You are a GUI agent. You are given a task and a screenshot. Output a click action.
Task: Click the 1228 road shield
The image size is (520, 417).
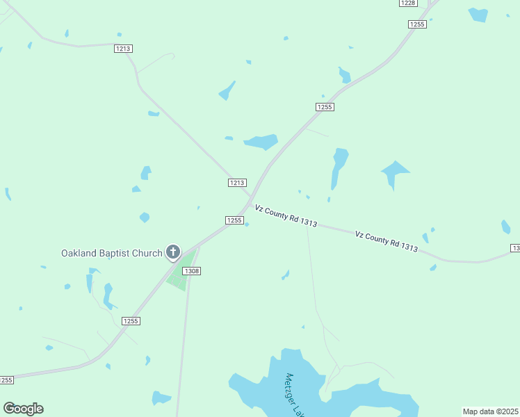click(408, 3)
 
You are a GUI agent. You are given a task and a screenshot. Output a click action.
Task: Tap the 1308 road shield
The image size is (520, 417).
click(192, 270)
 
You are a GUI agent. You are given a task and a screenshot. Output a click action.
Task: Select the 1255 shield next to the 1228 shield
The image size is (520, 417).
click(417, 24)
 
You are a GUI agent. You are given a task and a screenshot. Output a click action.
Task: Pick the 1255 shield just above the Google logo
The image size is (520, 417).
click(6, 380)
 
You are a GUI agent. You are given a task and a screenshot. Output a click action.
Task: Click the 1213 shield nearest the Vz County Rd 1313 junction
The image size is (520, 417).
click(237, 183)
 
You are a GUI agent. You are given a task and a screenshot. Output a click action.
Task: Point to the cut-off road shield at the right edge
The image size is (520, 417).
click(515, 248)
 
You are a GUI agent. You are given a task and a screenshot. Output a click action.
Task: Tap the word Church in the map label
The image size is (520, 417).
click(147, 253)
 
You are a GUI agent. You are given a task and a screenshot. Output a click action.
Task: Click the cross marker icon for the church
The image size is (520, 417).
click(172, 252)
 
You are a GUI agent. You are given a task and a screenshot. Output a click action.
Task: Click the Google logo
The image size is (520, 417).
click(23, 409)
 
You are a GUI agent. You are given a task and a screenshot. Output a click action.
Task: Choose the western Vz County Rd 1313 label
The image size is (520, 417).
click(286, 215)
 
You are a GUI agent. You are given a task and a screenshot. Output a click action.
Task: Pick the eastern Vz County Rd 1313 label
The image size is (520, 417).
click(386, 240)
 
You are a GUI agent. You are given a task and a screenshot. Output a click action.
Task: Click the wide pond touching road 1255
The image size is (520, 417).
click(261, 142)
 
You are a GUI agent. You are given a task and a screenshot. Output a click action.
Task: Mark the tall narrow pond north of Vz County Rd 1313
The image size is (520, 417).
click(339, 167)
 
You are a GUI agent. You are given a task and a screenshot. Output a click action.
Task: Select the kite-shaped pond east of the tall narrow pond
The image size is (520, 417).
click(394, 172)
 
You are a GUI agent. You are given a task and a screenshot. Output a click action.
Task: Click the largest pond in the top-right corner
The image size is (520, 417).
click(478, 15)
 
